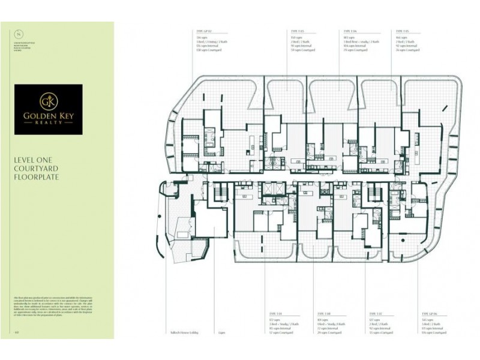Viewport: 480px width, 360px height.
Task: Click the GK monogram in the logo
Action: pyautogui.click(x=48, y=100)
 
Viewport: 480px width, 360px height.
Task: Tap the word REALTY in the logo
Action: pyautogui.click(x=48, y=122)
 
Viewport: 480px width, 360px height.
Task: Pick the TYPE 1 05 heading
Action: pyautogui.click(x=403, y=30)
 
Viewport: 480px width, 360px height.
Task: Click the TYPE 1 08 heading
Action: pyautogui.click(x=324, y=314)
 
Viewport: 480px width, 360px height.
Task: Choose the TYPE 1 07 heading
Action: pyautogui.click(x=376, y=314)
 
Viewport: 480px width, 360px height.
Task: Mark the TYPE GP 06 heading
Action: pyautogui.click(x=429, y=314)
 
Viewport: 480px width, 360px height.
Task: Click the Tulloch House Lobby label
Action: pyautogui.click(x=183, y=331)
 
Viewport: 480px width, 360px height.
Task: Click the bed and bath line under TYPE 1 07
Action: pyautogui.click(x=379, y=324)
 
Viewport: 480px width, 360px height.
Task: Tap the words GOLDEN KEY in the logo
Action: pyautogui.click(x=48, y=113)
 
